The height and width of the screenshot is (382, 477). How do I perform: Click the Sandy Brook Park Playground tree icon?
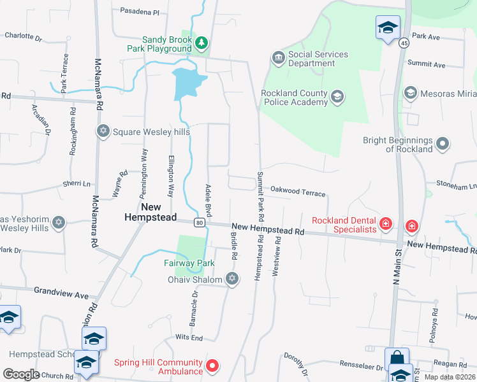click(202, 43)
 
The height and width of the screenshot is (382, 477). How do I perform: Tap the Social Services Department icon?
click(278, 59)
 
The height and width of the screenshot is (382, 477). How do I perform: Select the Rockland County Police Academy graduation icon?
click(337, 97)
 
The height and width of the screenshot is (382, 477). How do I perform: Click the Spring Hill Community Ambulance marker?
click(213, 367)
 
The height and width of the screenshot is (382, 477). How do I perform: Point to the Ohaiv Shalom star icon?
click(232, 279)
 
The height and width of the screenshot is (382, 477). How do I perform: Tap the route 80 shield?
click(200, 222)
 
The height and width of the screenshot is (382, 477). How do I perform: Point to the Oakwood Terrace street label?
click(298, 190)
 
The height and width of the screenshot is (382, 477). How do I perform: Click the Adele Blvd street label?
click(208, 199)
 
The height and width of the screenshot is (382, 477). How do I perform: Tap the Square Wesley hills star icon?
click(103, 132)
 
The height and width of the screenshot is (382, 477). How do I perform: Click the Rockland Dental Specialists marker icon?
click(385, 224)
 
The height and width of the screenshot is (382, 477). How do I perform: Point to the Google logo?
click(21, 374)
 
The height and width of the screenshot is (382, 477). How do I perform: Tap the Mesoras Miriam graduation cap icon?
click(410, 94)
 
